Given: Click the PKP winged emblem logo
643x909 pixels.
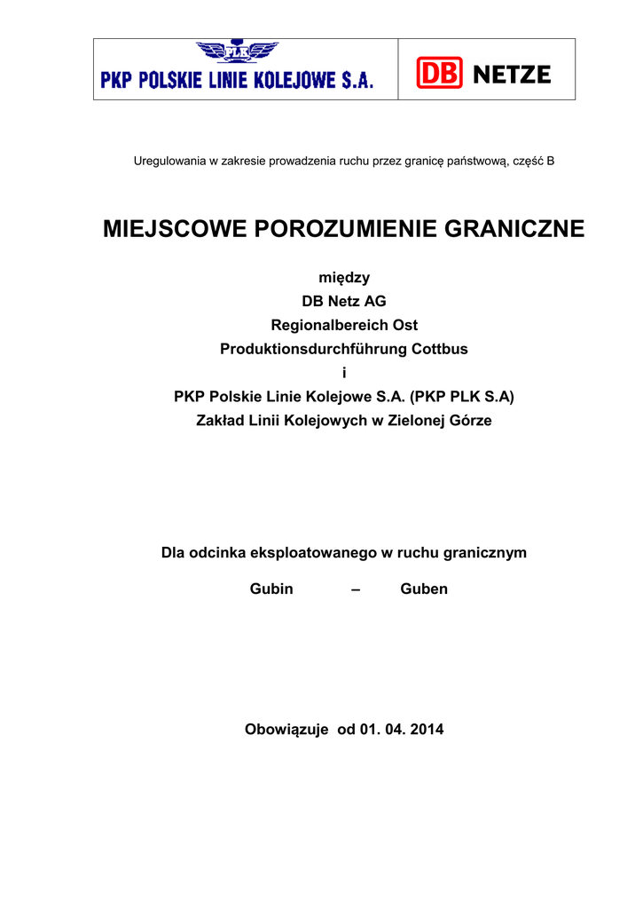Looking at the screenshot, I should [236, 51].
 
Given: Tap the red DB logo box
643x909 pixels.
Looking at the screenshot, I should [440, 75].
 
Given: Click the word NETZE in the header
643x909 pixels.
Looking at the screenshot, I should [513, 75].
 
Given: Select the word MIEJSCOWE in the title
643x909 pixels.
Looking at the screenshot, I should [174, 229].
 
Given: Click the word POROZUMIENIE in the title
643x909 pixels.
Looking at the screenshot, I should [334, 229].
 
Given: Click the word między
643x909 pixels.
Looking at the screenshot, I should [344, 278].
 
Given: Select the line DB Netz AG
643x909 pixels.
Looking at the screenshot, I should [344, 302].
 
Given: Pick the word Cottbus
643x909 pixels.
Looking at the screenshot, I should [440, 350].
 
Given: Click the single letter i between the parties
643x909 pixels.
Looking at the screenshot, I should [344, 374].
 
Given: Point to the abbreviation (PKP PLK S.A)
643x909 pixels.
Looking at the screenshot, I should [462, 398].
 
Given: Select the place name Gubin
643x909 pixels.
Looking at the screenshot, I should [271, 589].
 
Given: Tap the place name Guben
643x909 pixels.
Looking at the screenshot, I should [424, 589].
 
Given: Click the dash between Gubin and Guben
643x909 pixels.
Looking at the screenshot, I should [356, 589].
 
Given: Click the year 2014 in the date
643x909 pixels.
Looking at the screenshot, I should [427, 731].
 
